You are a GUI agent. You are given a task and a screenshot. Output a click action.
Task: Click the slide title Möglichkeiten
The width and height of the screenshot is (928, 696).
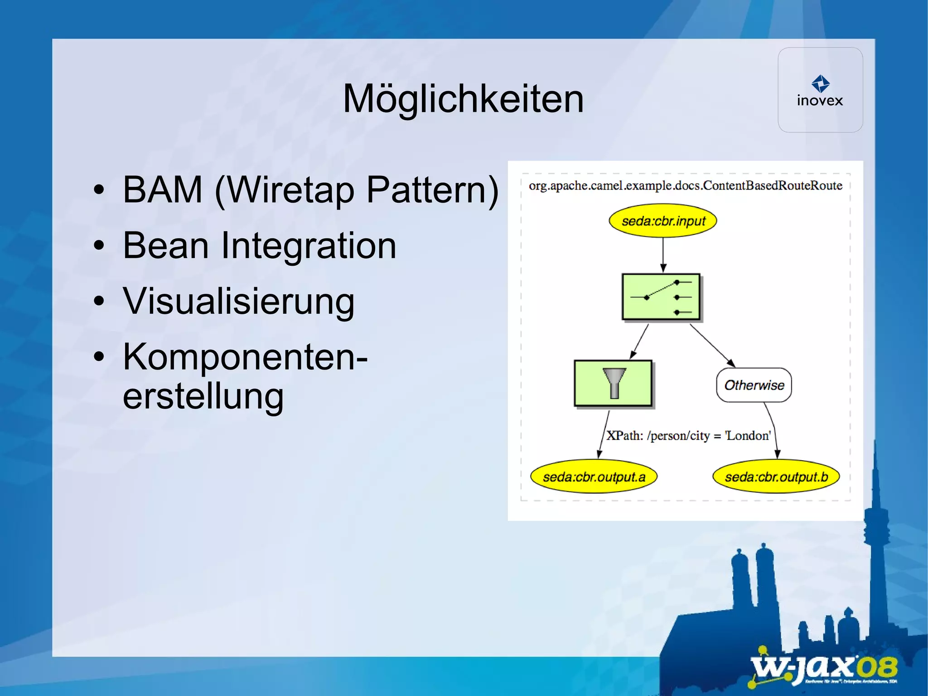click(x=463, y=99)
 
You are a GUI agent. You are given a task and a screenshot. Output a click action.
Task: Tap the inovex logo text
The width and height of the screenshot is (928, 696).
click(x=820, y=101)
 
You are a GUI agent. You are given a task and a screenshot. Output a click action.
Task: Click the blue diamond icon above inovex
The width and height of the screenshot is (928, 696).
click(x=820, y=83)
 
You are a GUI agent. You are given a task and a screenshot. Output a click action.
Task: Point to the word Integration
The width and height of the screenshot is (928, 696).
click(x=308, y=246)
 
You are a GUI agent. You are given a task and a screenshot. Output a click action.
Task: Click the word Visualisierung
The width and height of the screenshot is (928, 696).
click(x=238, y=302)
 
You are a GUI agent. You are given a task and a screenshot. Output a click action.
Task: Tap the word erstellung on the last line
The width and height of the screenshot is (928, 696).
click(x=203, y=396)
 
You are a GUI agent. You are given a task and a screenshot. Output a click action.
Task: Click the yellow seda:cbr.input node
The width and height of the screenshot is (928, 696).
click(x=663, y=221)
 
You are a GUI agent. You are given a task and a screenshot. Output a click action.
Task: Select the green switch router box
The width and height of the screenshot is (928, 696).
click(x=661, y=297)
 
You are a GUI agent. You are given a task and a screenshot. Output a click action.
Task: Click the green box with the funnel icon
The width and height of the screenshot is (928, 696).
click(x=613, y=384)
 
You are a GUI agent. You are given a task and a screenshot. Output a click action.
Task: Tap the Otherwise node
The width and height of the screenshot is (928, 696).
click(x=754, y=385)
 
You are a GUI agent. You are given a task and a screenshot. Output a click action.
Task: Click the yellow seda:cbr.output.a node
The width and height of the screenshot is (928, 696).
click(x=594, y=477)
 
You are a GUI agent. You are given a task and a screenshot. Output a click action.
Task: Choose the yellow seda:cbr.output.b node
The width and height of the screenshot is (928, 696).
click(x=776, y=477)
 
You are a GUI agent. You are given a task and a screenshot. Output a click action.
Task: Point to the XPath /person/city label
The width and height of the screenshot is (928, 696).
click(x=688, y=436)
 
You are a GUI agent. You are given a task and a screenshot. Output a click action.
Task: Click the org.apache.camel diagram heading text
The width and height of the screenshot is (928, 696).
click(x=685, y=185)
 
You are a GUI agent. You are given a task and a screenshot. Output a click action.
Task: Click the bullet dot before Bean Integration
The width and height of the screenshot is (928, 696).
click(x=99, y=246)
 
